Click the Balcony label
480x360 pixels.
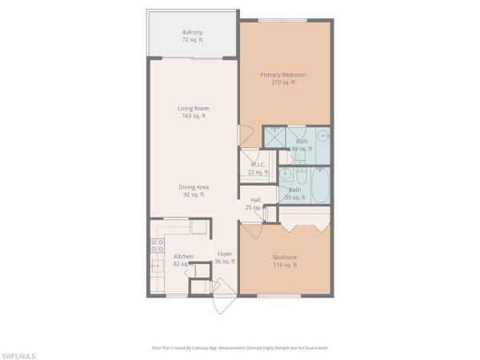(191, 32)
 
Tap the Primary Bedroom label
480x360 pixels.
(283, 74)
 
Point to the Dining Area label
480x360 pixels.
(193, 187)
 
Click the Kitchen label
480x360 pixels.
(184, 256)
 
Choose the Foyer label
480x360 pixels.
(225, 254)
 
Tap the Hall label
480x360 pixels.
(255, 200)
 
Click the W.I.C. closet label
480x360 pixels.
(258, 165)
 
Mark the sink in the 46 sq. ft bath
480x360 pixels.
(323, 135)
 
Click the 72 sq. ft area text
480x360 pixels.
(191, 39)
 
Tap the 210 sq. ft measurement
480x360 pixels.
(283, 82)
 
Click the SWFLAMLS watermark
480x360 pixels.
(21, 353)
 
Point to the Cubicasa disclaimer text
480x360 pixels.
(240, 348)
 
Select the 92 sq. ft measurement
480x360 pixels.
(193, 194)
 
